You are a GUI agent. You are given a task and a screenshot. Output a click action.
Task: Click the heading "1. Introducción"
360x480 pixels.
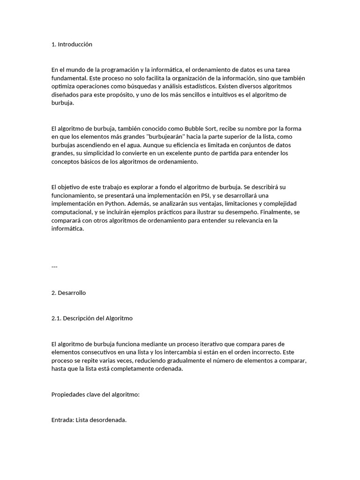pos(72,45)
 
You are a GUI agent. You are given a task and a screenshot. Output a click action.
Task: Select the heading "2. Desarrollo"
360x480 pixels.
pos(68,293)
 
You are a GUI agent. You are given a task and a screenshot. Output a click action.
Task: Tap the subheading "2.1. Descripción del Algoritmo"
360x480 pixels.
pos(92,318)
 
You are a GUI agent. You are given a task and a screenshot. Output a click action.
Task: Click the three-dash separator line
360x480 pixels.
pos(54,267)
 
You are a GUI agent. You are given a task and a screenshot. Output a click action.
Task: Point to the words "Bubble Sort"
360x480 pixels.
pos(200,128)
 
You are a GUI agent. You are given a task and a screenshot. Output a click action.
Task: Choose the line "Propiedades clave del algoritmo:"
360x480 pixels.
pos(96,395)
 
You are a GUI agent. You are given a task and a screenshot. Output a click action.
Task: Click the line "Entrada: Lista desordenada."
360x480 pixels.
pos(89,420)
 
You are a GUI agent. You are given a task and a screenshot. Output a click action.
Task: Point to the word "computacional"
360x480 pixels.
pos(71,212)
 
